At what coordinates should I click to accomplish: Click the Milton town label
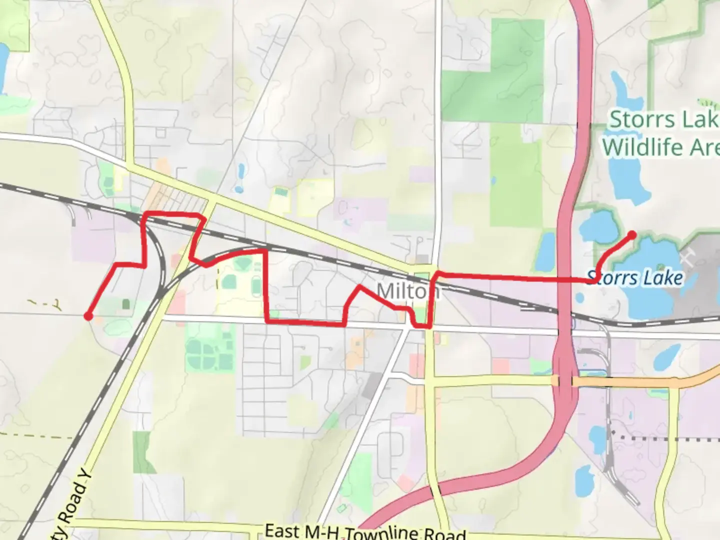tap(407, 290)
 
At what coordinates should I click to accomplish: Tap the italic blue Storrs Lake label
tap(635, 277)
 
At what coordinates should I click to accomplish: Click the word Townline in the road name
tap(383, 533)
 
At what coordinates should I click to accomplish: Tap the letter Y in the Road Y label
tap(86, 473)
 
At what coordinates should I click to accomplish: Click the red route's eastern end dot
tap(632, 235)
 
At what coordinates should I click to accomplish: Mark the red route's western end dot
tap(88, 316)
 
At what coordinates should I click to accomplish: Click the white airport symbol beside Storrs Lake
tap(687, 258)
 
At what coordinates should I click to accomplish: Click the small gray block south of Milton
tap(371, 384)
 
